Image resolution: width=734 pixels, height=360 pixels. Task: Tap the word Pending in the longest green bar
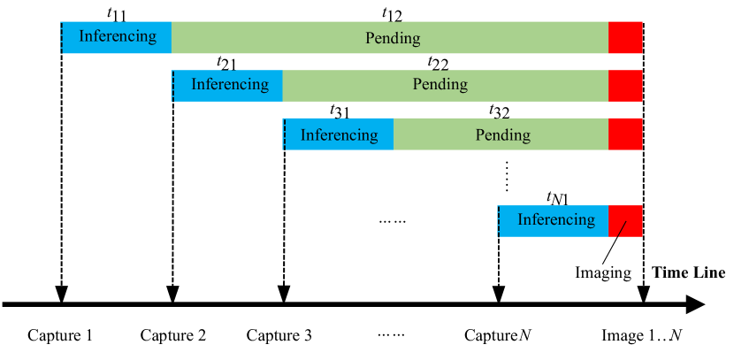tap(393, 39)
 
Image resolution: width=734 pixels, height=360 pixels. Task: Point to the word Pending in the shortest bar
tap(502, 135)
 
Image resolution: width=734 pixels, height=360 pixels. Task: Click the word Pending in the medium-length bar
tap(440, 85)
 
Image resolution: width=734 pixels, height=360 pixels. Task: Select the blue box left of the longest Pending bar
tap(117, 37)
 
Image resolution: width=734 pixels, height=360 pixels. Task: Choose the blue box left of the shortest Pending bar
tap(339, 134)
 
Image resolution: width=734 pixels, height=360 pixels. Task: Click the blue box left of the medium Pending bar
tap(228, 86)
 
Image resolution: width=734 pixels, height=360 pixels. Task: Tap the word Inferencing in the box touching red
tap(556, 219)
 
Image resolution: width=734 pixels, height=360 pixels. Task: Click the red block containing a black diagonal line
tap(625, 221)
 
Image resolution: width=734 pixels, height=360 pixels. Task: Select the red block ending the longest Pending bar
tap(625, 38)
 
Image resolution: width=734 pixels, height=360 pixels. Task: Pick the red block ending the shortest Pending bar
tap(625, 134)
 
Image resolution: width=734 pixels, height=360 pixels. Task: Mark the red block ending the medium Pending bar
tap(625, 86)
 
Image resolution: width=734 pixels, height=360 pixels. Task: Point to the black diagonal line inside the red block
tap(622, 229)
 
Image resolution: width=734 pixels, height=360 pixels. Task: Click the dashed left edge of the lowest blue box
tap(499, 221)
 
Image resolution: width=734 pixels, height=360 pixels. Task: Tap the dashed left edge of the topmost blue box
tap(62, 38)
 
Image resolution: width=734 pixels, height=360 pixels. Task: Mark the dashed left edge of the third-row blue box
tap(284, 134)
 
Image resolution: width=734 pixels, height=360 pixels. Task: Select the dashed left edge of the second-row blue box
tap(173, 86)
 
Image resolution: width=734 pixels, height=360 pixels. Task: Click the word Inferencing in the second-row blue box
tap(229, 85)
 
